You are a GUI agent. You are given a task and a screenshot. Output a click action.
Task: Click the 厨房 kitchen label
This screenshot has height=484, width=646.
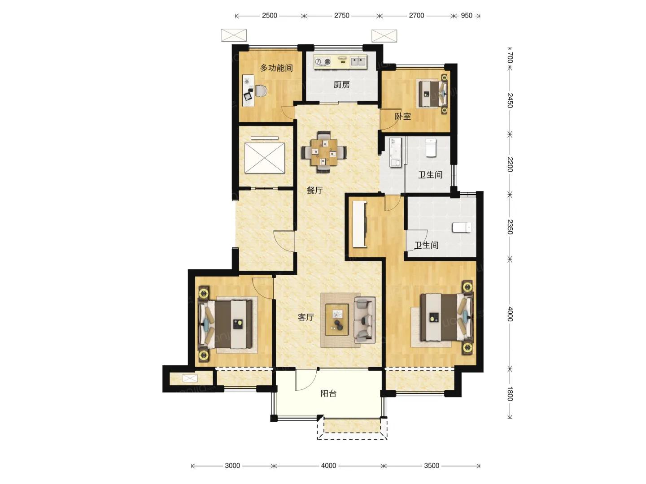click(x=341, y=85)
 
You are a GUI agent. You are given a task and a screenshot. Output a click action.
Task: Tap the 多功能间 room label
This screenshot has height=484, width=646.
click(x=276, y=68)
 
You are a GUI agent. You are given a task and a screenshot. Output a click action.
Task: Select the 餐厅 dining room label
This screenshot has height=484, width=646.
click(x=314, y=190)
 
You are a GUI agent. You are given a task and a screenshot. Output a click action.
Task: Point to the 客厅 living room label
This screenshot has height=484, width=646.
click(x=306, y=317)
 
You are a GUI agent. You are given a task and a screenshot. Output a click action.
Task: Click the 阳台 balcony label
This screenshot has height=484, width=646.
click(x=328, y=393)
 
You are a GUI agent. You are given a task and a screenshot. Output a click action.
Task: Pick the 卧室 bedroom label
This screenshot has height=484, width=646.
click(x=402, y=116)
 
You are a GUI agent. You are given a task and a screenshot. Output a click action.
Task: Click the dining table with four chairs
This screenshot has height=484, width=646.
click(x=324, y=152)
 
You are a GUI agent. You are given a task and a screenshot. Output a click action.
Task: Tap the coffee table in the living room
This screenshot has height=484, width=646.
click(x=337, y=320)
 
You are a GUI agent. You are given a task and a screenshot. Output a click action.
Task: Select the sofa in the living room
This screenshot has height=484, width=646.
click(x=364, y=320)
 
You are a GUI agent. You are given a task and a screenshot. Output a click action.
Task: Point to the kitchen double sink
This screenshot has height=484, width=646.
click(x=358, y=61)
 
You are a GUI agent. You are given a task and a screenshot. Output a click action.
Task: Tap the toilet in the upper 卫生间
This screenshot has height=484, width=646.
click(x=430, y=148)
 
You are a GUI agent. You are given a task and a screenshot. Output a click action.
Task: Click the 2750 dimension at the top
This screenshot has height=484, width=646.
click(x=341, y=15)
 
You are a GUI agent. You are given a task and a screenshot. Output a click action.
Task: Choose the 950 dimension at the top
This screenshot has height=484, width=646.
click(x=467, y=15)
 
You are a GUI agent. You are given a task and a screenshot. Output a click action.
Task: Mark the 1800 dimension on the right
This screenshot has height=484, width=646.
click(x=510, y=394)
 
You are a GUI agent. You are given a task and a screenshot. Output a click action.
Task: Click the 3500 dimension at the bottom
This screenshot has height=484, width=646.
click(x=432, y=466)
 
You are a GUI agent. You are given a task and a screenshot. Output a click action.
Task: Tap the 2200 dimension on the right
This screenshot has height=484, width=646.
click(x=510, y=164)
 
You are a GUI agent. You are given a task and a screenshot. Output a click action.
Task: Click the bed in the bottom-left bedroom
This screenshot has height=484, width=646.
click(x=226, y=324)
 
